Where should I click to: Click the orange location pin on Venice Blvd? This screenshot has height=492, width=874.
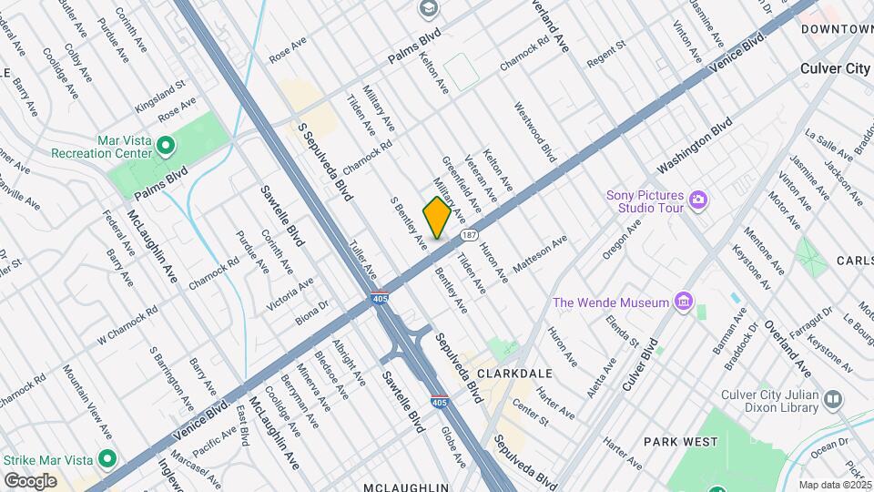pos(437,218)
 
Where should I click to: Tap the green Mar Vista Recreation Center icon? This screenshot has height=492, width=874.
pos(166,145)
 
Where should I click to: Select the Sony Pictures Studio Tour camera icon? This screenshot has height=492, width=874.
pos(698,199)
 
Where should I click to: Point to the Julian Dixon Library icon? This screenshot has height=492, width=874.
pos(832,399)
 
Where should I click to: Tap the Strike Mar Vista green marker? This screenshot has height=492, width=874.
pos(107,458)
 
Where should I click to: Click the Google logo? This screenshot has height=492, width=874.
pos(30,480)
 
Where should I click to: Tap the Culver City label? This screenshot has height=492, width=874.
pos(835,68)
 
